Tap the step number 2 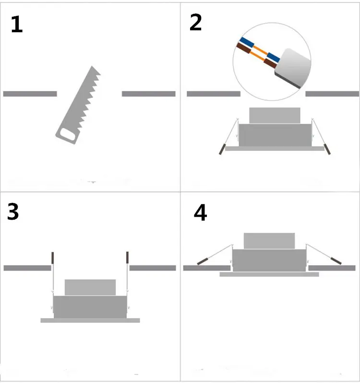coord(195,23)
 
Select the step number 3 coord(13,212)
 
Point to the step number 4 coord(200,213)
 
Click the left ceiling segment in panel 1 coord(30,94)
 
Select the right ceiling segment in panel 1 coord(148,94)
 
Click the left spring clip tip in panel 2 coord(222,148)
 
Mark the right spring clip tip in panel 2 coord(328,148)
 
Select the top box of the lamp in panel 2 coord(275,115)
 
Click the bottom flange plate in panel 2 coord(275,148)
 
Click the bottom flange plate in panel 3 coord(90,320)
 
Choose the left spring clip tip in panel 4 coord(202,262)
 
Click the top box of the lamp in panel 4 coord(269,241)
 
